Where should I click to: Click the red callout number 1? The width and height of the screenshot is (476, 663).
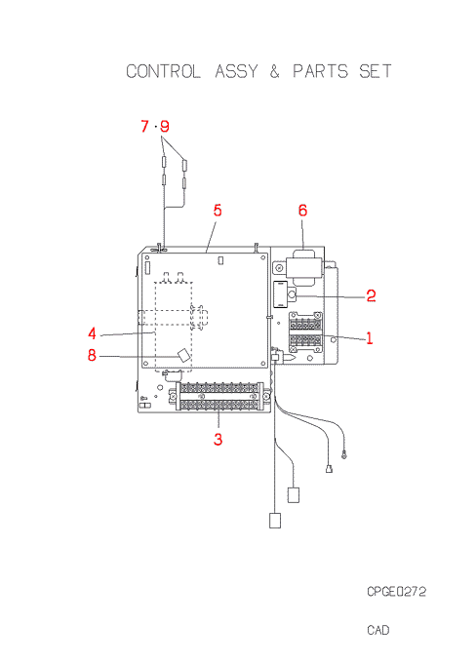point(370,338)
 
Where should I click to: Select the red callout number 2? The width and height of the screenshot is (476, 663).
point(371,295)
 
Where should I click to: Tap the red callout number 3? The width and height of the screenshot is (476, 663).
point(218,440)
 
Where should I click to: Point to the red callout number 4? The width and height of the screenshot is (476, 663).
point(93,334)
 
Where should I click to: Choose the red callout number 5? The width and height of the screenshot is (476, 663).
point(218,211)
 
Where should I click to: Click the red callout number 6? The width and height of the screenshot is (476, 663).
point(302,211)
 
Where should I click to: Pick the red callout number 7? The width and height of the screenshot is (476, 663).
point(144,126)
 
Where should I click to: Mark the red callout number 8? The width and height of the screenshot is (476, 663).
point(92,355)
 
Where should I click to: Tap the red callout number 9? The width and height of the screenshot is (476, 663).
point(165,126)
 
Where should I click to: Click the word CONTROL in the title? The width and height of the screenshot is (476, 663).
point(163,71)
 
